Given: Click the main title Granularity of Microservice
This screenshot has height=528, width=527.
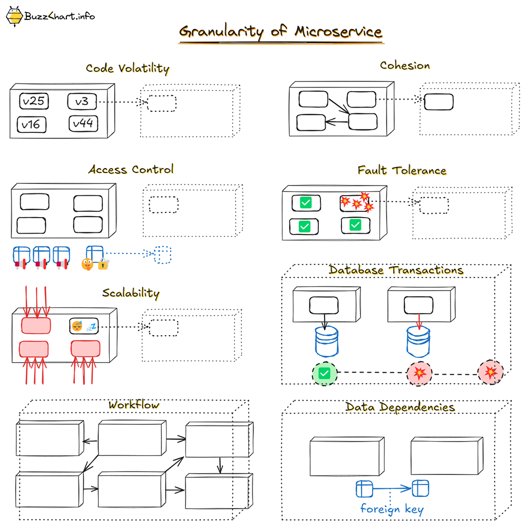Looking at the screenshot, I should (x=280, y=32).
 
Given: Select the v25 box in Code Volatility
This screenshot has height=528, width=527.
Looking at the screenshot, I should (x=34, y=101).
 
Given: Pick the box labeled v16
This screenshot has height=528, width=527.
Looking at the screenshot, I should (x=31, y=124).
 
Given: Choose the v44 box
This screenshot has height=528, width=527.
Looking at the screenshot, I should (x=83, y=123).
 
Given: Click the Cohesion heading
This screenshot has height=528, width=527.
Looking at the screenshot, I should (x=405, y=66).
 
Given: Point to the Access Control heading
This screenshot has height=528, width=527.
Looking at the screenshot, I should (x=131, y=170).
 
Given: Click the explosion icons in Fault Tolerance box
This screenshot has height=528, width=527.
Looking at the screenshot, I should (x=357, y=202).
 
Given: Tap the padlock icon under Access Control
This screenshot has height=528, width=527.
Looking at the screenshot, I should (x=103, y=264).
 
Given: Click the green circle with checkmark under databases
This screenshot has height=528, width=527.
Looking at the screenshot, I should (x=325, y=374).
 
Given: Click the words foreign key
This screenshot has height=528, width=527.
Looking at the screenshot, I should (x=392, y=509).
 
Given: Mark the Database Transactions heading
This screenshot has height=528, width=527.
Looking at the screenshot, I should (x=396, y=270).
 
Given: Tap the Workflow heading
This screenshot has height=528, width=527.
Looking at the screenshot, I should (x=133, y=405).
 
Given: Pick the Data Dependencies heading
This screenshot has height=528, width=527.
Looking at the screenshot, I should (x=400, y=407).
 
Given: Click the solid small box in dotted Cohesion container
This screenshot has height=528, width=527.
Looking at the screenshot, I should (x=438, y=102).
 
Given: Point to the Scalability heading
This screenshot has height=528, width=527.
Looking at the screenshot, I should (x=131, y=293).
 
